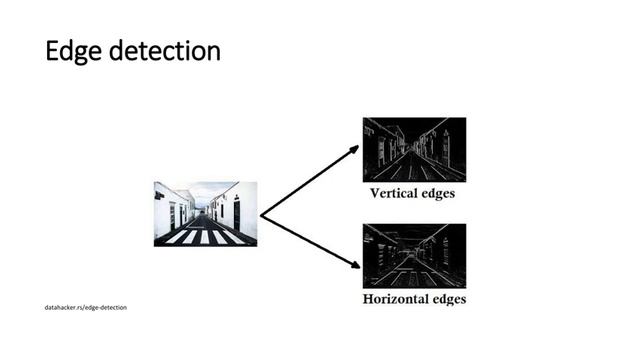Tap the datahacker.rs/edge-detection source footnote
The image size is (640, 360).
point(85,306)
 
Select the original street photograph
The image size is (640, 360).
point(205,213)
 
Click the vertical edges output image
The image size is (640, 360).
point(414,149)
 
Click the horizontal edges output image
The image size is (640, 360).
point(414,255)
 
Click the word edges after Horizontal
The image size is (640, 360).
point(446,299)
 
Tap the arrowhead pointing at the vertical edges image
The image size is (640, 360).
point(354,149)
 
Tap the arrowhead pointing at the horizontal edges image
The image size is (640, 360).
point(354,266)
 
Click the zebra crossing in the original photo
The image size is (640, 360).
point(205,237)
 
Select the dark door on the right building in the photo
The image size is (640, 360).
point(236,213)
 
